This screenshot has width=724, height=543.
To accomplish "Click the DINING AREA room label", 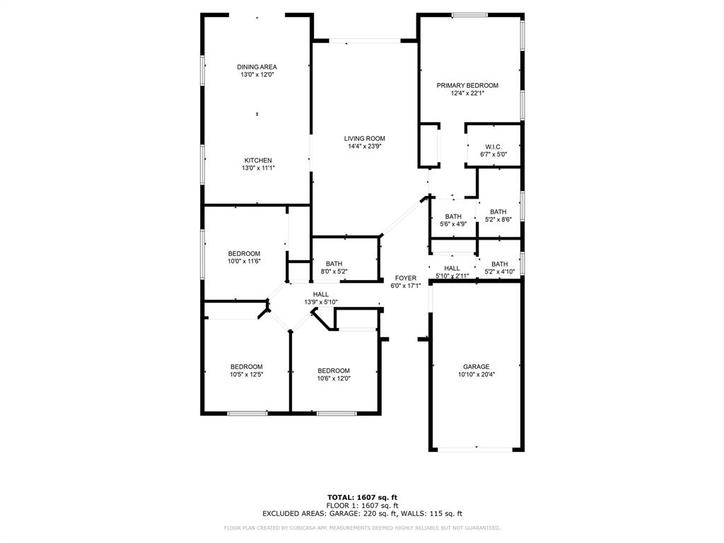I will (257, 67).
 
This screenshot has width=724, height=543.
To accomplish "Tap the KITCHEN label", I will (258, 160).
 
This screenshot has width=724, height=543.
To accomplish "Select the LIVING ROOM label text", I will (365, 139).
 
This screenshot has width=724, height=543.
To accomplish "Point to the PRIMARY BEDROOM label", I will (467, 86).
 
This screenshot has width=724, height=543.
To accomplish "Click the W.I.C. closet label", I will (494, 147).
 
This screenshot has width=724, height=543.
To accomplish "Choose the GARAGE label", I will (477, 367).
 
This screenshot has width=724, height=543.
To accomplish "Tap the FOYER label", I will (406, 278).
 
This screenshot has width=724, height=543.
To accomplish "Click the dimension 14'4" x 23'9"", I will (365, 147).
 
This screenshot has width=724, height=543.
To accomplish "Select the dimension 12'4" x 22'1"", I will (467, 93).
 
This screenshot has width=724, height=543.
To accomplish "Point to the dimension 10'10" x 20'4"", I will (477, 375).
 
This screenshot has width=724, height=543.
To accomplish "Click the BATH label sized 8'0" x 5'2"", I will (334, 263).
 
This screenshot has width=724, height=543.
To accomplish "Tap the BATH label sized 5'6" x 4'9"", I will (453, 217).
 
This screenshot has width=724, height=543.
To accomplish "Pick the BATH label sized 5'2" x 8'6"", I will (498, 212).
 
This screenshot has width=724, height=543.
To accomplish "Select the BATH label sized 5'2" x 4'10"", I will (500, 264).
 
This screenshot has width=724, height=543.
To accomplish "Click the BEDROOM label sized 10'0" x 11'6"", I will (244, 254).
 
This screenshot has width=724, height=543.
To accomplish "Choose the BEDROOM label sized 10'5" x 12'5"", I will (247, 367).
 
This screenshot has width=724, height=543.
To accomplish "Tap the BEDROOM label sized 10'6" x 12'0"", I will (334, 370).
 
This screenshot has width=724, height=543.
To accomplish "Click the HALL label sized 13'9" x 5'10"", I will (321, 295).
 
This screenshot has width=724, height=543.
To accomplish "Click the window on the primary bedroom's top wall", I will (470, 15).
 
